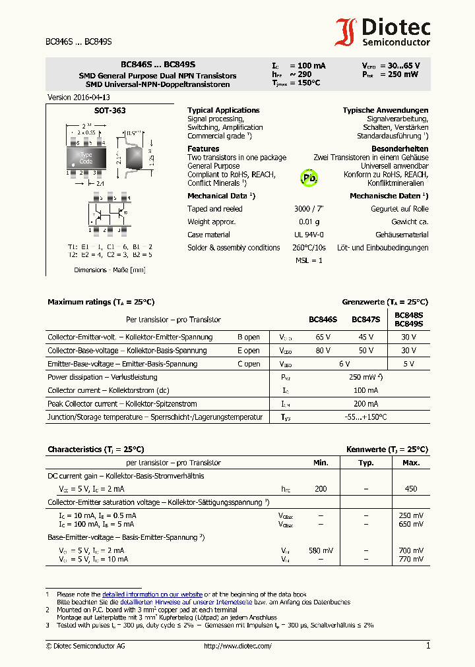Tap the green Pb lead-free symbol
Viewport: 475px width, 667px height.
(x=309, y=177)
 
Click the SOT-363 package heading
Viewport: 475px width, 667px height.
(x=110, y=111)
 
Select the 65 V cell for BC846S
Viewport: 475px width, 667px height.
(x=323, y=337)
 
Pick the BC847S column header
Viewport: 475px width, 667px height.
(x=365, y=320)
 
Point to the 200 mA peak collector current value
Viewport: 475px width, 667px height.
(x=365, y=403)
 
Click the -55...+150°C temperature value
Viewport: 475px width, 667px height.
(x=365, y=417)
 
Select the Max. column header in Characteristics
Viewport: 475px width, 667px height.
(x=410, y=463)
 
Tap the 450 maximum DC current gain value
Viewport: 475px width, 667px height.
(x=410, y=489)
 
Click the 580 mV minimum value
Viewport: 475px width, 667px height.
(x=321, y=550)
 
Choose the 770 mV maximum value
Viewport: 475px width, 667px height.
(x=410, y=559)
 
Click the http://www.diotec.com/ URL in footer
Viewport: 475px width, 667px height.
(x=237, y=646)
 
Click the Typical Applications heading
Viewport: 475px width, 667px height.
(x=224, y=110)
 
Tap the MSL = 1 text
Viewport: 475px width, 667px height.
(x=308, y=260)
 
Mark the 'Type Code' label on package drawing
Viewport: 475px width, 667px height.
(x=86, y=158)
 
